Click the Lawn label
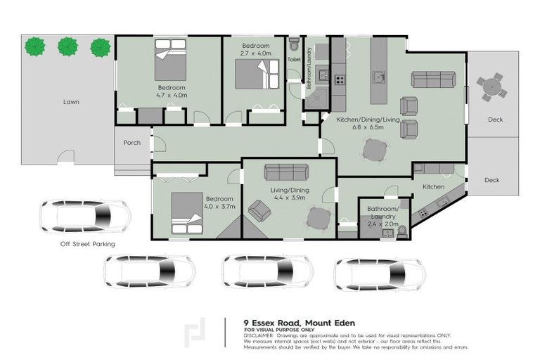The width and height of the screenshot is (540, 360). [70, 102]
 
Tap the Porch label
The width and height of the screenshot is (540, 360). [131, 143]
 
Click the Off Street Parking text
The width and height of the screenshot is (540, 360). [87, 244]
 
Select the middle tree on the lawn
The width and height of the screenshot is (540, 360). [67, 47]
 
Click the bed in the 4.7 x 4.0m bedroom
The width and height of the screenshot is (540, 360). [171, 60]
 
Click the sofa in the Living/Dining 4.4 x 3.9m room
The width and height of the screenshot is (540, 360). [286, 172]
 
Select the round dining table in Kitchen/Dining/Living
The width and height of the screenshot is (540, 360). [375, 149]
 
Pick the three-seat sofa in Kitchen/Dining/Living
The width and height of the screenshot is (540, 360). [433, 79]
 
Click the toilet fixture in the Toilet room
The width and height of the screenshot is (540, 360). [294, 46]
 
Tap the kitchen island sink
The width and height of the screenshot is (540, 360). [378, 77]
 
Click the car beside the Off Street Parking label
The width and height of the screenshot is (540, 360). [84, 215]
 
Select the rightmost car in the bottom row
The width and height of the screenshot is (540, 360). [380, 274]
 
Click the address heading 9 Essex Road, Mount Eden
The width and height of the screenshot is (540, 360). [299, 323]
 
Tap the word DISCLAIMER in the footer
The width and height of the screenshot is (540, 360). [261, 335]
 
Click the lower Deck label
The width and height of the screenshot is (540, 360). [492, 180]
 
